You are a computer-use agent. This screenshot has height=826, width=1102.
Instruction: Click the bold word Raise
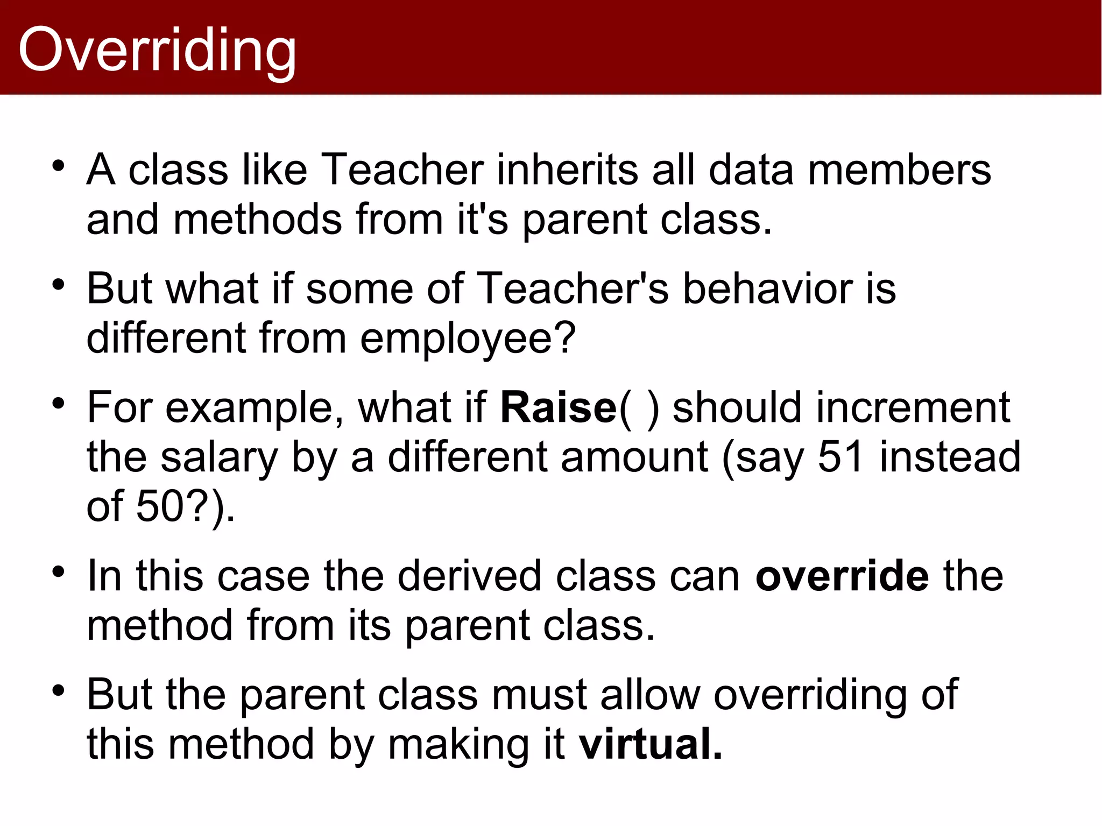tap(558, 408)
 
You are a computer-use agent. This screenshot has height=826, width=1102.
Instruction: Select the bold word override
tap(842, 576)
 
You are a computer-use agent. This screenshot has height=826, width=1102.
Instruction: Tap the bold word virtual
tap(650, 744)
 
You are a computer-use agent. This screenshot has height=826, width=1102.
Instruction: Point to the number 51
tap(840, 457)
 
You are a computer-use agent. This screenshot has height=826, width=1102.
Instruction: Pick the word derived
tap(469, 576)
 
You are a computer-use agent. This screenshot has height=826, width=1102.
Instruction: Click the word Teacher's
tap(573, 289)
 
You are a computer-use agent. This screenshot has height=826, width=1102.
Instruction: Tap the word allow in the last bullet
tap(650, 695)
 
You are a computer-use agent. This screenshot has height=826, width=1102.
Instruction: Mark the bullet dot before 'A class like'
tap(59, 165)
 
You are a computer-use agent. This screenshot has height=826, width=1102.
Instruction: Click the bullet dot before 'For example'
tap(59, 403)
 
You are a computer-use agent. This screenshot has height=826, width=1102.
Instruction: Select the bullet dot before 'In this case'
tap(59, 571)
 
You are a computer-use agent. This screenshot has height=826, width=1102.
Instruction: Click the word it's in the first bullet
tap(482, 220)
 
